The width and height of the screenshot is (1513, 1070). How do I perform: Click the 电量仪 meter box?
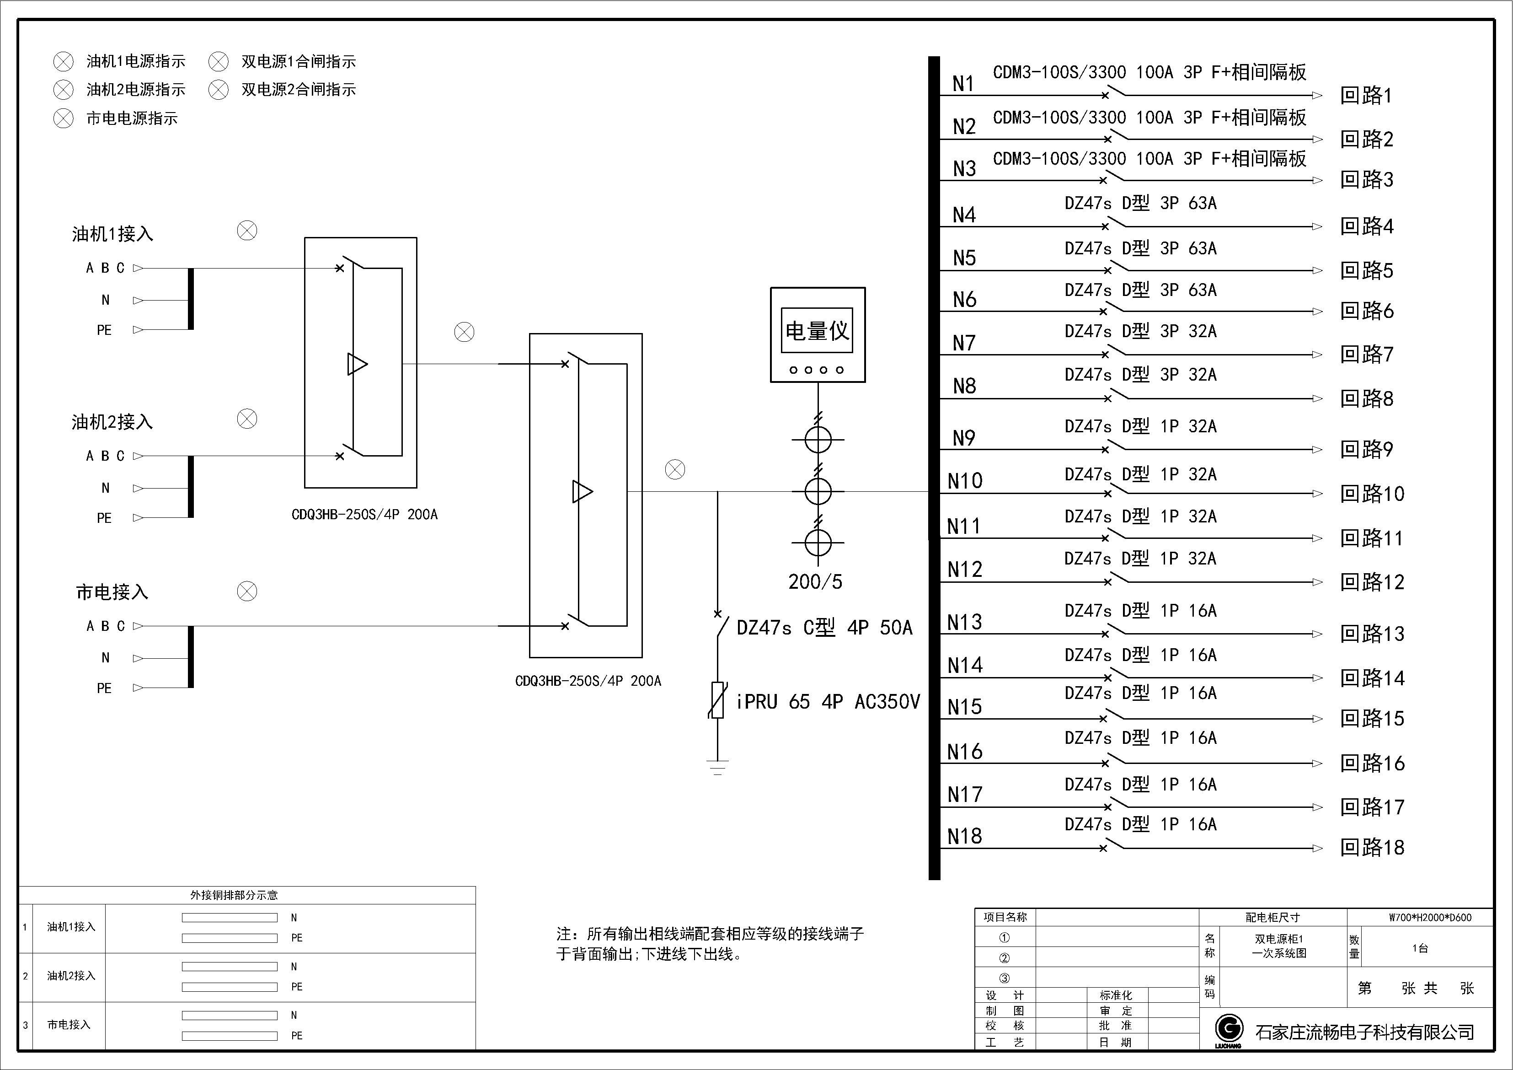click(818, 335)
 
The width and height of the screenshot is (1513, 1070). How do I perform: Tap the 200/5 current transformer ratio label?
click(815, 581)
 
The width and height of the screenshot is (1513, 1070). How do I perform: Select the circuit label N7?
click(963, 343)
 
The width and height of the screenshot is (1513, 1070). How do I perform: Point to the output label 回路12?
click(1372, 582)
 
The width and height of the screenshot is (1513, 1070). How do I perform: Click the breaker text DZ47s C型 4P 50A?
click(824, 628)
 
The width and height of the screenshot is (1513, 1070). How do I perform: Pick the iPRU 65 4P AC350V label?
click(828, 701)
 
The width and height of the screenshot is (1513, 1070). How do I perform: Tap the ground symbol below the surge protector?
click(717, 768)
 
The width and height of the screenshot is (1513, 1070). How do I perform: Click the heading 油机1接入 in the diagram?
click(112, 234)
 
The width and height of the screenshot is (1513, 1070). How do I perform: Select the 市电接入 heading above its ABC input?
click(112, 592)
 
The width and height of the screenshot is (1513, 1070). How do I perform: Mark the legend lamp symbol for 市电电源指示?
click(63, 118)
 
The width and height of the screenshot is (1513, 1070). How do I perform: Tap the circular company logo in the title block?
click(1229, 1028)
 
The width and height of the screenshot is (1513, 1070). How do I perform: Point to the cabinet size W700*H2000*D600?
click(1430, 917)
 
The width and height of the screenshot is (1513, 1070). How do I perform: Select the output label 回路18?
click(1372, 847)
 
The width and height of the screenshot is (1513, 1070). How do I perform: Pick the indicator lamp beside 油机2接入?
click(247, 419)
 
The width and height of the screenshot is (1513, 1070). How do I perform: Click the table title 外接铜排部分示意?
click(234, 895)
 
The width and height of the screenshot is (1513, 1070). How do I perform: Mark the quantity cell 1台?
click(1420, 948)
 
